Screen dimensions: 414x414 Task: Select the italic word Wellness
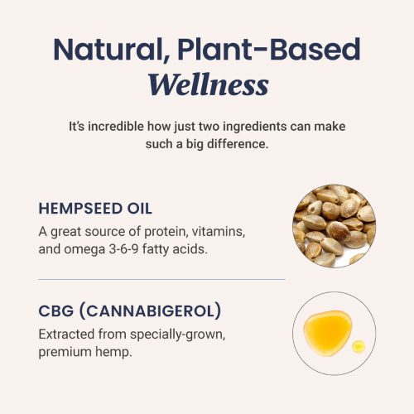[207, 85]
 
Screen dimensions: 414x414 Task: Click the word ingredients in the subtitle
[266, 128]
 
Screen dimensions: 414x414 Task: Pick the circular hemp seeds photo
[334, 224]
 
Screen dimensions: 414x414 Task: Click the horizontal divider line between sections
[161, 279]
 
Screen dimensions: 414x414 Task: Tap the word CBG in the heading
[56, 311]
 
